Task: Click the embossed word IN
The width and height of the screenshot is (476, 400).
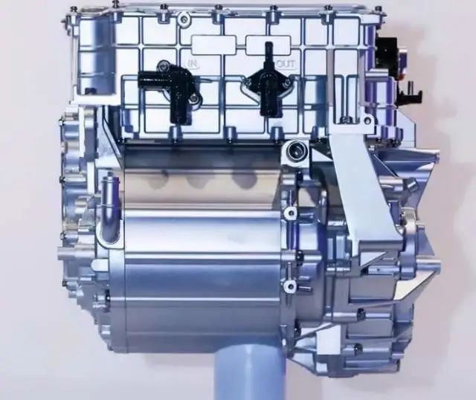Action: tap(192, 64)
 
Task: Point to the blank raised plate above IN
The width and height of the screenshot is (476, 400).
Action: tap(213, 45)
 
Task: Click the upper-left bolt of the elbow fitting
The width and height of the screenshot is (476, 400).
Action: tap(164, 65)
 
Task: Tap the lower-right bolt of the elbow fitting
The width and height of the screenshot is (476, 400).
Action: tap(193, 97)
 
